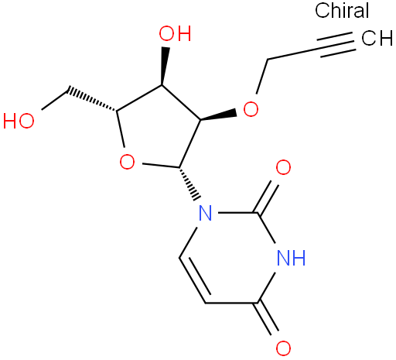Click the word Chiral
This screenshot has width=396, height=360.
pyautogui.click(x=342, y=10)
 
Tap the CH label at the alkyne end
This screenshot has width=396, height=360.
pyautogui.click(x=377, y=38)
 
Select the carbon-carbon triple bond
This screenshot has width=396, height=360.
pyautogui.click(x=336, y=44)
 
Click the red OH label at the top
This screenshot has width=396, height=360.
pyautogui.click(x=175, y=33)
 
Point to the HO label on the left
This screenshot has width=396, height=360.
pyautogui.click(x=19, y=121)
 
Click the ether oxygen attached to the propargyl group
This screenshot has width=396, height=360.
pyautogui.click(x=251, y=109)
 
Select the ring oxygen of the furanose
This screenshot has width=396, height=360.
pyautogui.click(x=127, y=162)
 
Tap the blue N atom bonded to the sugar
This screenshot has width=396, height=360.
pyautogui.click(x=206, y=213)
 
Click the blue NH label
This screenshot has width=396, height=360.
pyautogui.click(x=291, y=258)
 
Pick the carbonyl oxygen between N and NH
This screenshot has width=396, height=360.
pyautogui.click(x=283, y=167)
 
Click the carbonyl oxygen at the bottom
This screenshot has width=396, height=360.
pyautogui.click(x=283, y=348)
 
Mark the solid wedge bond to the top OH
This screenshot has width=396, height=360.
pyautogui.click(x=164, y=66)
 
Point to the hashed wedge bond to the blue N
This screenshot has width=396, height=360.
pyautogui.click(x=189, y=183)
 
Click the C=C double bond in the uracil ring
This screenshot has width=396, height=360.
pyautogui.click(x=194, y=279)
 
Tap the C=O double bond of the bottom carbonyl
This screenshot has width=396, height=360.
pyautogui.click(x=267, y=319)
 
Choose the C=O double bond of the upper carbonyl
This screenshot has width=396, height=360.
pyautogui.click(x=267, y=197)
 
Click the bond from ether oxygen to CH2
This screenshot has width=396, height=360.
pyautogui.click(x=262, y=77)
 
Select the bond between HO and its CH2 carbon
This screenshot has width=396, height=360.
pyautogui.click(x=55, y=100)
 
